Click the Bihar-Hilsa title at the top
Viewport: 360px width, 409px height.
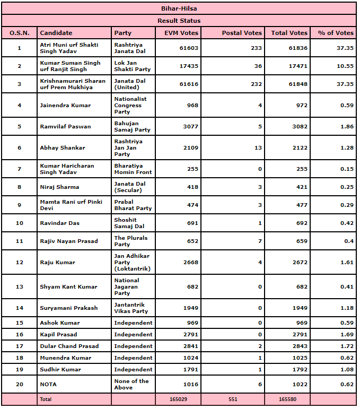pyautogui.click(x=179, y=8)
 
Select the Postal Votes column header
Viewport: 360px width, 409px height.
pyautogui.click(x=242, y=33)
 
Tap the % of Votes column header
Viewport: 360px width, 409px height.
pyautogui.click(x=336, y=33)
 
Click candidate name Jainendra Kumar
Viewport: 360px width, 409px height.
pyautogui.click(x=65, y=106)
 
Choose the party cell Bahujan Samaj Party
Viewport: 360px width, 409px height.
pyautogui.click(x=132, y=127)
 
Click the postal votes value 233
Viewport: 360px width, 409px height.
pyautogui.click(x=256, y=48)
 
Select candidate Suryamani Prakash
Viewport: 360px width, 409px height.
pyautogui.click(x=69, y=308)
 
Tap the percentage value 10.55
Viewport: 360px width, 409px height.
pyautogui.click(x=345, y=66)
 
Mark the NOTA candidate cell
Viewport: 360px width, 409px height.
pyautogui.click(x=48, y=385)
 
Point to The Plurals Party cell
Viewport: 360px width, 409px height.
pyautogui.click(x=130, y=241)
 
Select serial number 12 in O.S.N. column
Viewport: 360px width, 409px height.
pyautogui.click(x=20, y=263)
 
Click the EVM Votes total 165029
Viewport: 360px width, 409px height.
pyautogui.click(x=179, y=399)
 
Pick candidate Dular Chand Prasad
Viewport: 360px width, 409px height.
pyautogui.click(x=69, y=346)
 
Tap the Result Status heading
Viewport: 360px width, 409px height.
pyautogui.click(x=179, y=21)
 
